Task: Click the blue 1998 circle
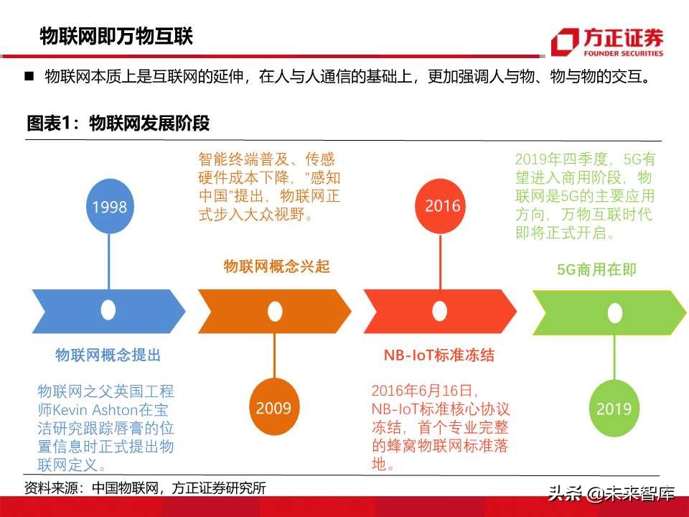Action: pyautogui.click(x=109, y=207)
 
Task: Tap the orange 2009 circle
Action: pyautogui.click(x=274, y=408)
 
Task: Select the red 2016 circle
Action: pyautogui.click(x=442, y=205)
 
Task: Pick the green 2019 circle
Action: pyautogui.click(x=614, y=408)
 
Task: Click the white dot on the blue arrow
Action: pyautogui.click(x=108, y=311)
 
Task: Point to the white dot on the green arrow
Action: pyautogui.click(x=614, y=311)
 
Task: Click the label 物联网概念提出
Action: pyautogui.click(x=108, y=355)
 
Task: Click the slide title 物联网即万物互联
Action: pyautogui.click(x=116, y=36)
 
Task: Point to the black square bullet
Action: pyautogui.click(x=29, y=75)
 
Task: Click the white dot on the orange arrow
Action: pyautogui.click(x=274, y=311)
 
